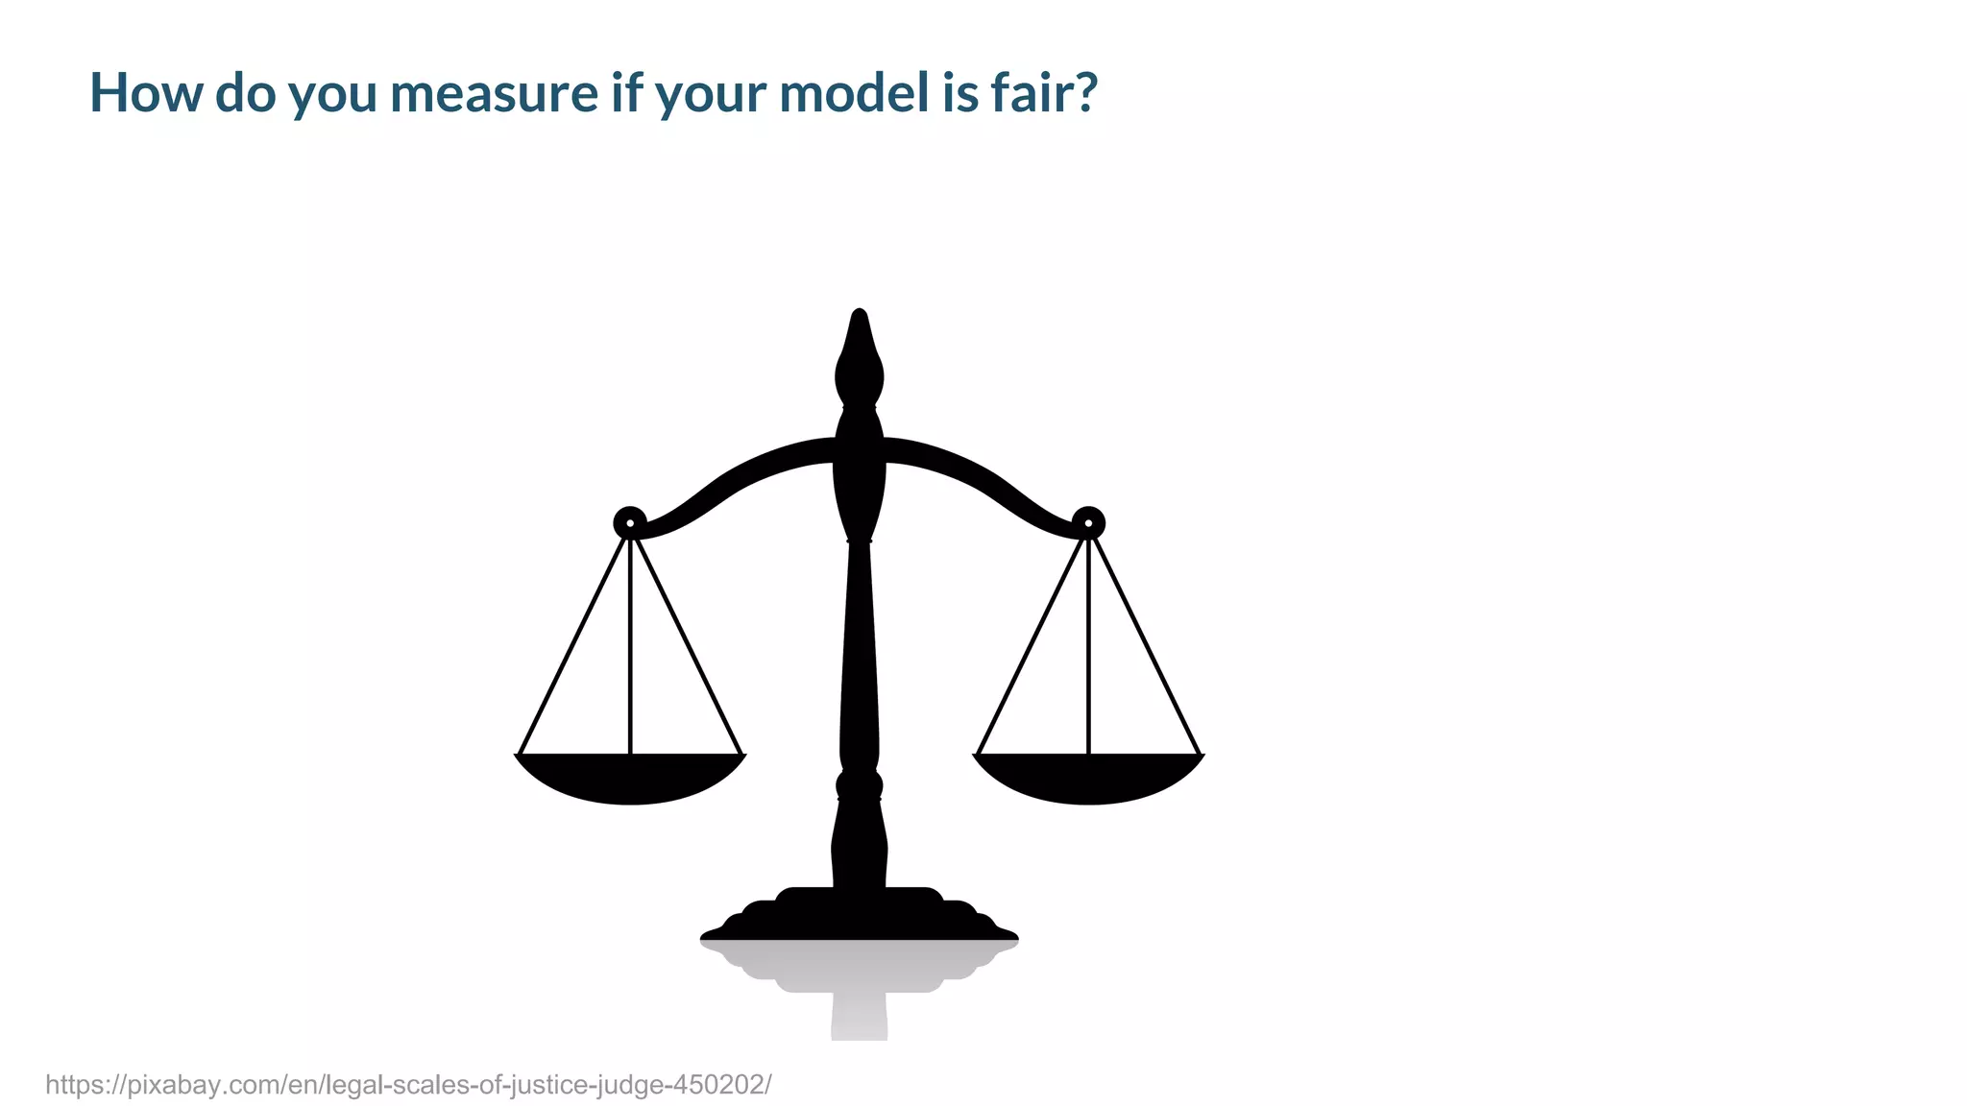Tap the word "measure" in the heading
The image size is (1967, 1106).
494,93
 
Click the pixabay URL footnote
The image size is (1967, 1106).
408,1085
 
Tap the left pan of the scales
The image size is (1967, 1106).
630,779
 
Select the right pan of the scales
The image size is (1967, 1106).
1088,779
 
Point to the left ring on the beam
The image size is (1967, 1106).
630,523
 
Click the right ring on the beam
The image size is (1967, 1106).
1088,523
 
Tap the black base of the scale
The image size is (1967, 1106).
859,917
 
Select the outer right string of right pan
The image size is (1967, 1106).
1145,643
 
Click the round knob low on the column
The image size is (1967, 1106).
859,785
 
